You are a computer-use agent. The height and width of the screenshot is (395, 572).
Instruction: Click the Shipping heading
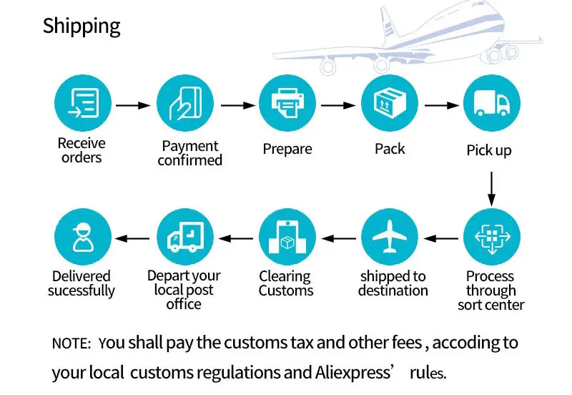(82, 26)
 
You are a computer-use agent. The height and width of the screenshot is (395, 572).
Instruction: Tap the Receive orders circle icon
(83, 103)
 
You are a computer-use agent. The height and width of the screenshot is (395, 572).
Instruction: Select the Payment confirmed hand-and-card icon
(185, 103)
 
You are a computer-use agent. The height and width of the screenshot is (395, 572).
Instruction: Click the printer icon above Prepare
(287, 103)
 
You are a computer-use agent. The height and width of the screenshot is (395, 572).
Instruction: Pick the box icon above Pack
(390, 103)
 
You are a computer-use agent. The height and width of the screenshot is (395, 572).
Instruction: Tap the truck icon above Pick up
(492, 103)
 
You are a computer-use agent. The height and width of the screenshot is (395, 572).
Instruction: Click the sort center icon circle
(492, 237)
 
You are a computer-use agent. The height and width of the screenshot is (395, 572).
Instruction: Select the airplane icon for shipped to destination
(390, 237)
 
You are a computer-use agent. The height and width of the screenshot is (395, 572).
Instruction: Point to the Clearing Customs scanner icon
(287, 237)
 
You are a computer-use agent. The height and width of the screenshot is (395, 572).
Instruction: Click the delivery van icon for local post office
(185, 237)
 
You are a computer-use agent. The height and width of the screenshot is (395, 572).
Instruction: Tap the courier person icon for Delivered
(83, 237)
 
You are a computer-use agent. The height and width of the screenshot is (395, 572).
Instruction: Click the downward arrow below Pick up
(491, 189)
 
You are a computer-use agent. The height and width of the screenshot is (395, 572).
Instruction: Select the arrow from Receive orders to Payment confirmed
(133, 105)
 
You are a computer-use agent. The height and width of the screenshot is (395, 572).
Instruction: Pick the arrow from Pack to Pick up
(442, 105)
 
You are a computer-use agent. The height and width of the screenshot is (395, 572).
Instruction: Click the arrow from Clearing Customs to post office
(236, 239)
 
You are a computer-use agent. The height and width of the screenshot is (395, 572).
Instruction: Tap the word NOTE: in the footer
(71, 344)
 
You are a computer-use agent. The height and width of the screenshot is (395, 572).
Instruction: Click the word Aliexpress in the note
(353, 373)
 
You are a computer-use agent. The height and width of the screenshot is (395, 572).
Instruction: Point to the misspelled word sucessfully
(82, 291)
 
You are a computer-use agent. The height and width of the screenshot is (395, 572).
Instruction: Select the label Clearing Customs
(286, 283)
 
